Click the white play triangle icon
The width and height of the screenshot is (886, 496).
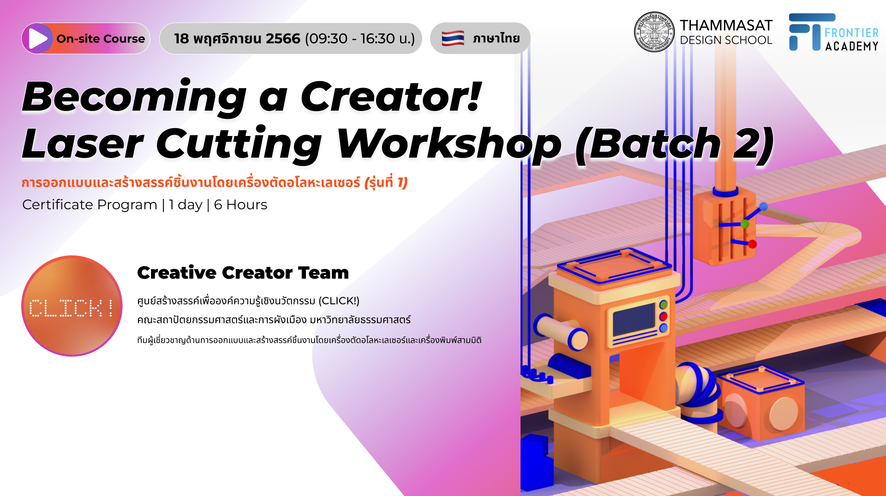(37, 39)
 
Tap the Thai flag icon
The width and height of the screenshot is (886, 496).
(453, 38)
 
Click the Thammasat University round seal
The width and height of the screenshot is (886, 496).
(654, 32)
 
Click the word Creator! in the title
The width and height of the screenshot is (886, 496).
(391, 96)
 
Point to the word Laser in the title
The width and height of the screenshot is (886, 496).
(83, 143)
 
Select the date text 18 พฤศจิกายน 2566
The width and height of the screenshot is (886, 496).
(237, 39)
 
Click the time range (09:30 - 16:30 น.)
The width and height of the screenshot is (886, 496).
(360, 39)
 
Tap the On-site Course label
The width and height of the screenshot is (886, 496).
(101, 39)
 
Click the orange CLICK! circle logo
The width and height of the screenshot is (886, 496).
(72, 306)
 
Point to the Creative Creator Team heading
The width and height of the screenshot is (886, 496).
(243, 273)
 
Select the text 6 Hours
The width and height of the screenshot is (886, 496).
(240, 205)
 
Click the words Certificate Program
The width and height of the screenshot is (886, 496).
(90, 205)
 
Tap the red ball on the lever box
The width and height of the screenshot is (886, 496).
(752, 244)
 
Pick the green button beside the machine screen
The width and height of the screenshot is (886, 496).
(664, 305)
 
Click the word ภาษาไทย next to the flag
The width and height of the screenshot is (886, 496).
(496, 38)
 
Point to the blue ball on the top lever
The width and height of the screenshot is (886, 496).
(764, 207)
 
